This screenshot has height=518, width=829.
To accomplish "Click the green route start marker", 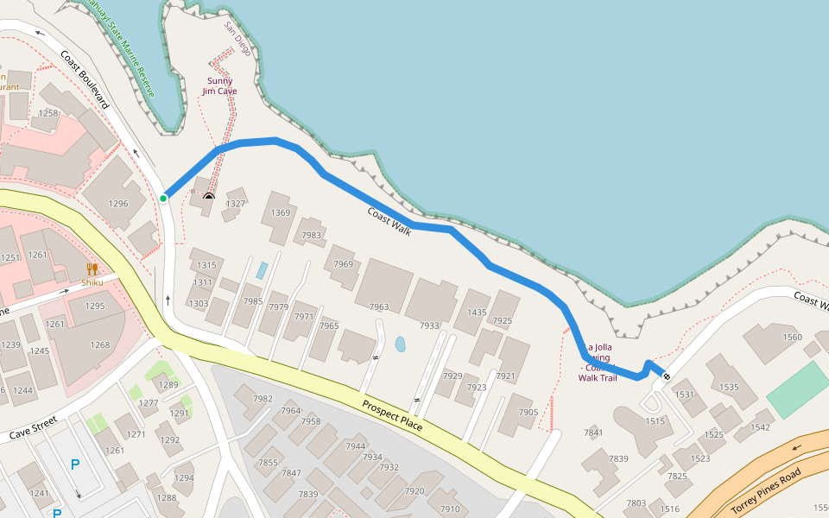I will coord(162,199).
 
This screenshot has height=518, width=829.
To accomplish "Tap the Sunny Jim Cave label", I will coord(219,86).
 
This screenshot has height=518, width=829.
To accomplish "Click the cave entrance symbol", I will coord(208,196).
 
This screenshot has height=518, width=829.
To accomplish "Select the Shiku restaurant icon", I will coord(92,268).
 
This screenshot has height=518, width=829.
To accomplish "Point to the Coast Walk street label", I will coord(389,221).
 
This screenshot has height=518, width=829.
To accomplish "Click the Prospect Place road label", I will coord(392,415).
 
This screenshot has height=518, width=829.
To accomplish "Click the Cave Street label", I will coord(33,427).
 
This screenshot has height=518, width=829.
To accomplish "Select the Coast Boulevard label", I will coord(85,79).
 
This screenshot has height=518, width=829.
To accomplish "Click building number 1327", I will coord(235,204).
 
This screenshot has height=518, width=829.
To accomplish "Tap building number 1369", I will coord(281,212).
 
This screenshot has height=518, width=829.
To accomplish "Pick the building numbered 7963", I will coord(379,306).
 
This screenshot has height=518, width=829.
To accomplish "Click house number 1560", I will coord(792,338).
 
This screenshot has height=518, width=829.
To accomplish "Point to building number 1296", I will coord(118,204).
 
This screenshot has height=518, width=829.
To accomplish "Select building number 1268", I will coord(100,345).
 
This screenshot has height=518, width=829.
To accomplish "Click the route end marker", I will coord(666,375).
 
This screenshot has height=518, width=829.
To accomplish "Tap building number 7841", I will coord(593,433).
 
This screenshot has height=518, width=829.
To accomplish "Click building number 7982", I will coord(263,398).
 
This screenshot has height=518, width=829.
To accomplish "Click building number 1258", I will coord(48,113).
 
